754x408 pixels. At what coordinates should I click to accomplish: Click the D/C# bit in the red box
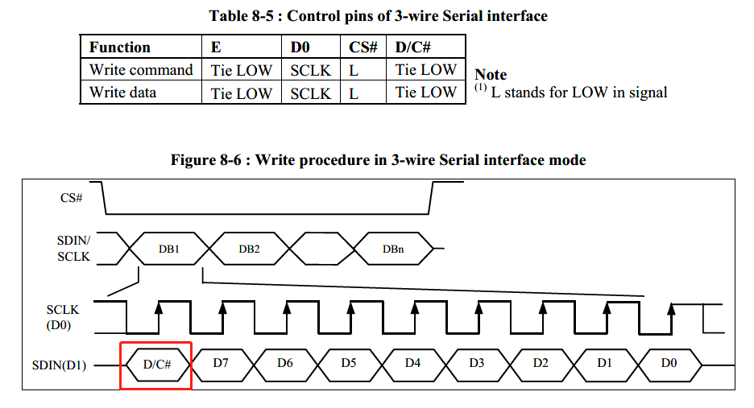pos(157,365)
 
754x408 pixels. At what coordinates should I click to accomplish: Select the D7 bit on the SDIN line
pos(222,364)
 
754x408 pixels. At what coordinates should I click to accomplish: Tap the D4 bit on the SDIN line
pos(412,364)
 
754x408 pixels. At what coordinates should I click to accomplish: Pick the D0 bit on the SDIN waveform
pos(669,364)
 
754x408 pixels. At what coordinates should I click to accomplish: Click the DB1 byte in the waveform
pos(168,249)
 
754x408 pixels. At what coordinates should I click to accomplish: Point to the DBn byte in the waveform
pos(393,249)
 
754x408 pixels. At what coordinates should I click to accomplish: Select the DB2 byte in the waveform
pos(249,249)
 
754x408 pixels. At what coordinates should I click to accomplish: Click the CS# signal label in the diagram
pos(72,197)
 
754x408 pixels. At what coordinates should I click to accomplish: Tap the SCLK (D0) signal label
pos(64,317)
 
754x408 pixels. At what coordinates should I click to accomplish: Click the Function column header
pos(119,47)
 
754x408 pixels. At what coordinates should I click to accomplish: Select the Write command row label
pos(141,70)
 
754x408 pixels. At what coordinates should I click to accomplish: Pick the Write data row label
pos(123,93)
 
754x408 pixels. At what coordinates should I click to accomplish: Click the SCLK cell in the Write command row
pos(310,70)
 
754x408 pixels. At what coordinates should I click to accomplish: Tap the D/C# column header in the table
pos(414,47)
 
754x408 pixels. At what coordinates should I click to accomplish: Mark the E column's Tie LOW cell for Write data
pos(241,93)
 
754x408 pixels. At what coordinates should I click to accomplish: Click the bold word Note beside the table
pos(491,75)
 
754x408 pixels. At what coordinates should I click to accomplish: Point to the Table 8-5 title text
pos(378,15)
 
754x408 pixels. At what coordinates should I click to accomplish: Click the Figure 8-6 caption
pos(378,160)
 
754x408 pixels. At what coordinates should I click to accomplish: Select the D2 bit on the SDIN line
pos(541,364)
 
